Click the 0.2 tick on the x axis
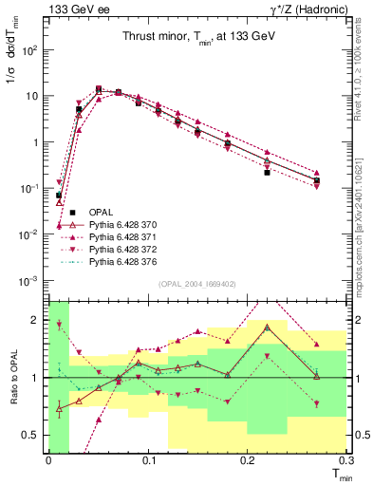(248, 459)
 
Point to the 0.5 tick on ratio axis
(36, 435)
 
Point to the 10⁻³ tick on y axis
(32, 279)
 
